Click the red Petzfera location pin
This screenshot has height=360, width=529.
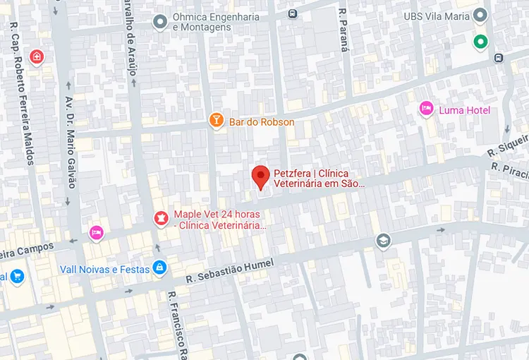[x=261, y=176]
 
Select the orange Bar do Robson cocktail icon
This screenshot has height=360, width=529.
[x=217, y=121]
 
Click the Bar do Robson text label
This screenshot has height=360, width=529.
[x=262, y=122]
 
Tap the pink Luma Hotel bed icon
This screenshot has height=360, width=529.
[x=426, y=109]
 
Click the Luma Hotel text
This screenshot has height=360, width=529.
[x=464, y=110]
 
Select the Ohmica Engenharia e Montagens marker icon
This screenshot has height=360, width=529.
[x=160, y=21]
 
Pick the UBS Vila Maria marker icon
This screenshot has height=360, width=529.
[x=481, y=15]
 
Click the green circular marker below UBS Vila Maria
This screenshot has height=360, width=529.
[x=481, y=42]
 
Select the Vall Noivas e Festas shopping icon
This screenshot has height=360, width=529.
[x=160, y=268]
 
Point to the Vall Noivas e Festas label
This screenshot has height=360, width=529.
[x=104, y=269]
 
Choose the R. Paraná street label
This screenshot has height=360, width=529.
[x=343, y=30]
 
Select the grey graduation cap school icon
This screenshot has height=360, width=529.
[x=383, y=241]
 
